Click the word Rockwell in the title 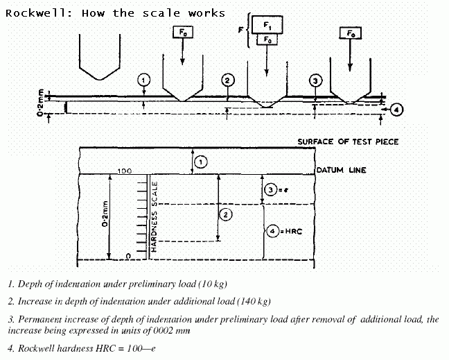point(36,13)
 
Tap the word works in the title point(206,13)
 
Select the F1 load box point(267,25)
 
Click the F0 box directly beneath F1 point(267,40)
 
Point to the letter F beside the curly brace point(241,30)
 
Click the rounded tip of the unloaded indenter point(100,78)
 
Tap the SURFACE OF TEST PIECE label point(348,142)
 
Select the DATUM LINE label point(341,170)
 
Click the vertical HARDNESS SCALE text point(154,216)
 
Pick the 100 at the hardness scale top point(125,171)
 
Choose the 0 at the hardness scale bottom point(129,256)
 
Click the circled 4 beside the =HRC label point(272,231)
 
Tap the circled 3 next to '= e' point(271,190)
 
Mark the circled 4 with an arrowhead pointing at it point(396,110)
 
